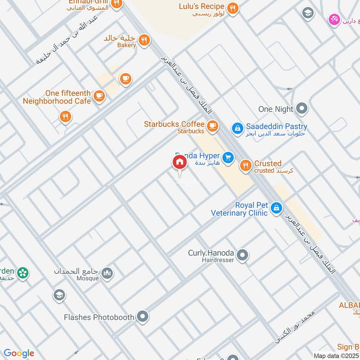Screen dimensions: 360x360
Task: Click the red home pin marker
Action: click(179, 162)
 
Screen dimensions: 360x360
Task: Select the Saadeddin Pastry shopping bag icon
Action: click(237, 128)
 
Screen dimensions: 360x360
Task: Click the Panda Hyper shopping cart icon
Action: click(229, 157)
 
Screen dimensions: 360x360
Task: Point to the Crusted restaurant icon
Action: click(245, 166)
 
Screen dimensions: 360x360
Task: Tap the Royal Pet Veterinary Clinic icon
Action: click(277, 208)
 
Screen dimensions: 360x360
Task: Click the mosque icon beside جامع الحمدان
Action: click(107, 273)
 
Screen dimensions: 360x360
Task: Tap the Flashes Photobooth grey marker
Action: click(143, 317)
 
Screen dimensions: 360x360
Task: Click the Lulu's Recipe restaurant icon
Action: click(232, 8)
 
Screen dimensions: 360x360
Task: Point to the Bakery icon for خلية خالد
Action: click(144, 40)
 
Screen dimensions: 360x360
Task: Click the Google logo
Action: click(18, 353)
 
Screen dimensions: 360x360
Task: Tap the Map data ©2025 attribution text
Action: click(336, 355)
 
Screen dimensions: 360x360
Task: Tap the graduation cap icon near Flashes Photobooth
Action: click(59, 296)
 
